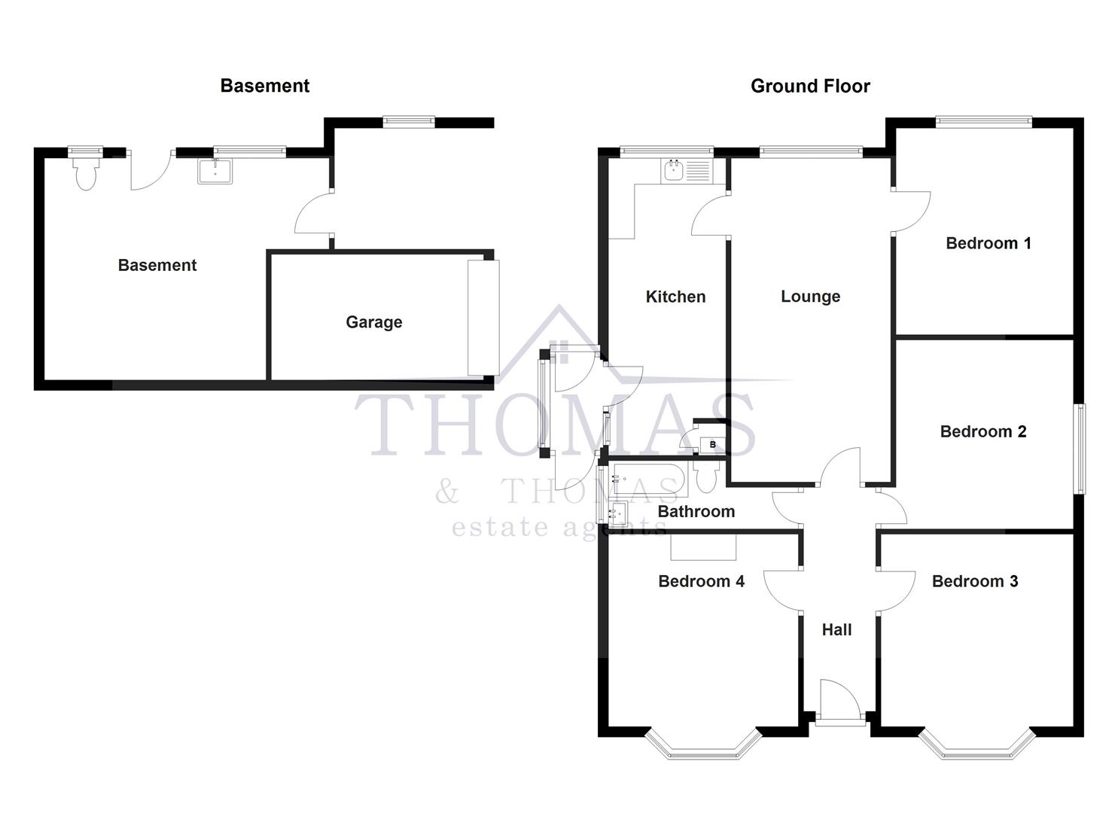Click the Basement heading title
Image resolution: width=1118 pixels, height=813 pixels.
264,86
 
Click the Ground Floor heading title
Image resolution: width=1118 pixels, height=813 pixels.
810,86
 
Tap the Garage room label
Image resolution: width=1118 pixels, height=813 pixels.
373,322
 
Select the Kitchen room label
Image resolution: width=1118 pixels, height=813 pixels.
675,297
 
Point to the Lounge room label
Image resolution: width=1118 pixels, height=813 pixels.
810,297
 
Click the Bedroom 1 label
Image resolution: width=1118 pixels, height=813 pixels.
988,243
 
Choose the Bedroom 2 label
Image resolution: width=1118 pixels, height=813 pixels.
982,431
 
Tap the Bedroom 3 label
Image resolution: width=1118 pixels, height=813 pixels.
974,581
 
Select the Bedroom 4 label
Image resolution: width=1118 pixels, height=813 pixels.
701,581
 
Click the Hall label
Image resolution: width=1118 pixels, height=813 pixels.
836,630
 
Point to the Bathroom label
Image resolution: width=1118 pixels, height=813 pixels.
696,512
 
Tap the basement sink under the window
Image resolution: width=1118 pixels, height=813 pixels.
215,172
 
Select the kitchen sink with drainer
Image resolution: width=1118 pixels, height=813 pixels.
686,172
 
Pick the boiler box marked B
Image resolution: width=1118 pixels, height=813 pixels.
712,445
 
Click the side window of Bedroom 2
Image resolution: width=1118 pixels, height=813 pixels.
1080,449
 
